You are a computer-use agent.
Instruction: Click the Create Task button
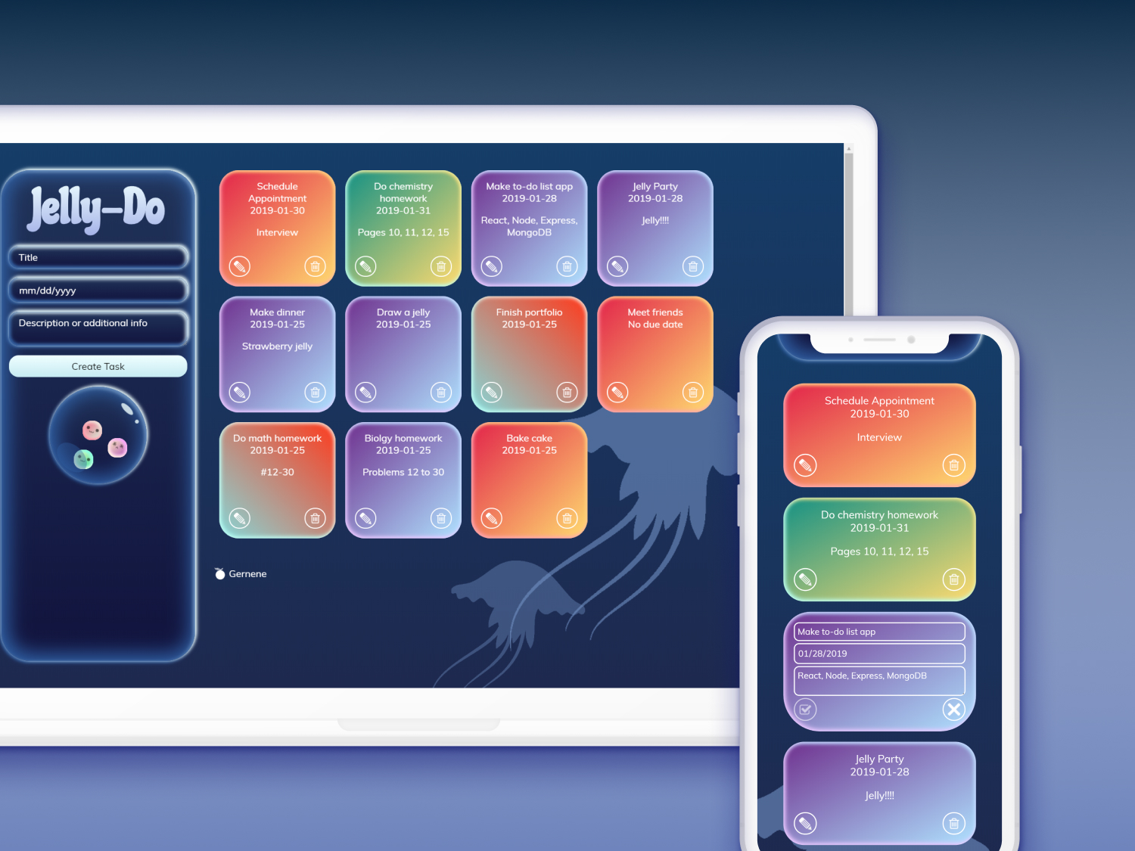[x=98, y=366]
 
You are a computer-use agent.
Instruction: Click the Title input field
[x=98, y=257]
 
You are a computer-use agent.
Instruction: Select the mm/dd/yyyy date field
[x=98, y=290]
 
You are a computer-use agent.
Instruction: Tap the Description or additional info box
[x=98, y=328]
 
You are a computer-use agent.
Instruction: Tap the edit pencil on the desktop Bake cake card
[x=492, y=518]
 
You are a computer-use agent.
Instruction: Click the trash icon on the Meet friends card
[x=693, y=393]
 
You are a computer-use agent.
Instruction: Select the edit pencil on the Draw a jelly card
[x=365, y=393]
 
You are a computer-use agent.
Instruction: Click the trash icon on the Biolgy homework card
[x=441, y=518]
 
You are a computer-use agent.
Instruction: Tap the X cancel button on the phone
[x=954, y=710]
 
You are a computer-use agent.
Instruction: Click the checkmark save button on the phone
[x=805, y=710]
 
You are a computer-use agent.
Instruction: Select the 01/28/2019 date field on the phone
[x=879, y=654]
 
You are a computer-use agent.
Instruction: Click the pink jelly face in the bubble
[x=92, y=430]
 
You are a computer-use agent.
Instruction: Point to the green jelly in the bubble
[x=83, y=459]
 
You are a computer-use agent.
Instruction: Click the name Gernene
[x=247, y=574]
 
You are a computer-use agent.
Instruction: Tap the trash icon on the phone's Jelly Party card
[x=954, y=824]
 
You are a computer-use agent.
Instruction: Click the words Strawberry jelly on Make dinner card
[x=277, y=346]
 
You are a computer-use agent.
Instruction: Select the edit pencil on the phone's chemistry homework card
[x=805, y=579]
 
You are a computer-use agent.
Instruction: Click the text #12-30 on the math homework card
[x=277, y=472]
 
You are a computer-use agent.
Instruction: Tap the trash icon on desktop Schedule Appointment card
[x=315, y=266]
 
